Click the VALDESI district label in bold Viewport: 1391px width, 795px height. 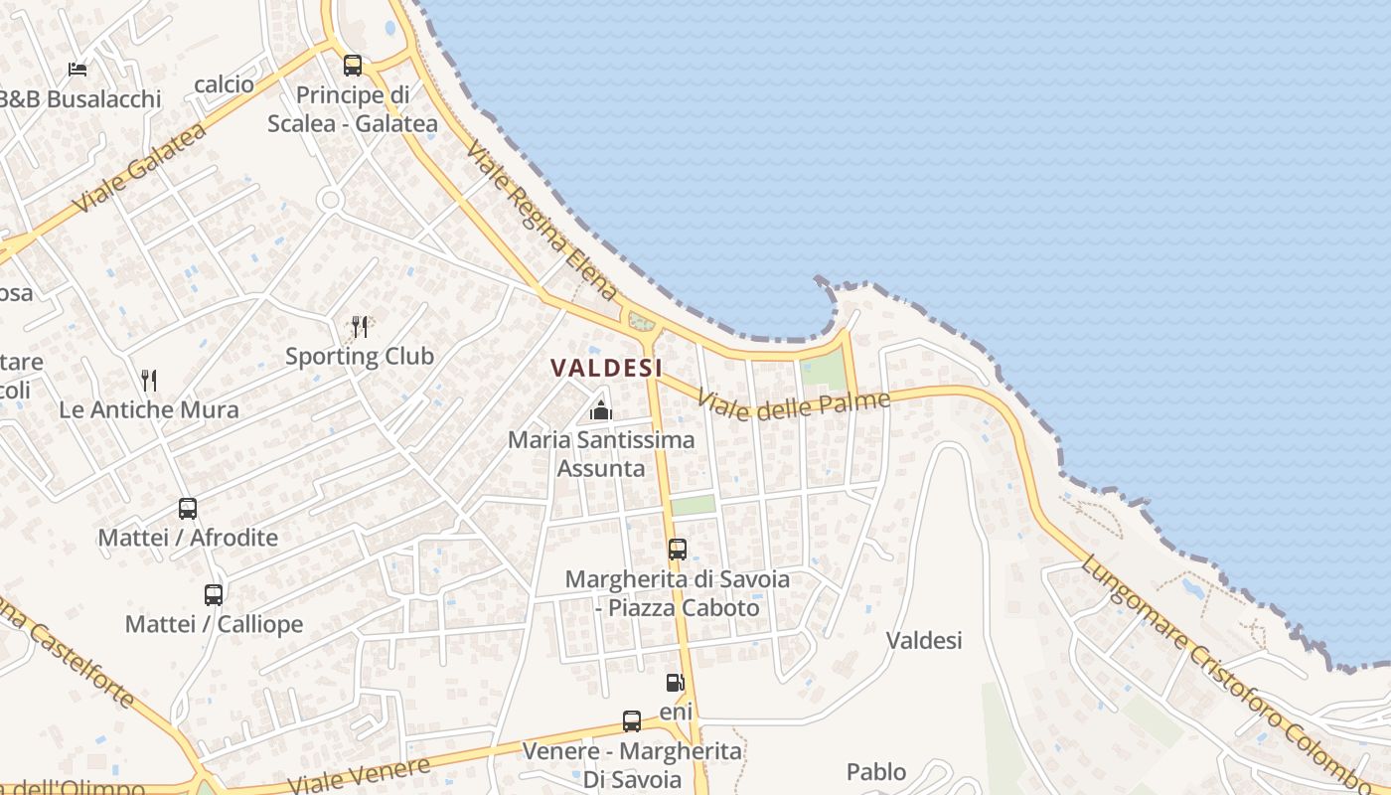click(606, 368)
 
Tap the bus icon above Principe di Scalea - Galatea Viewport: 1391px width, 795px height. click(353, 66)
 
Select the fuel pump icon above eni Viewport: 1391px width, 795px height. click(675, 683)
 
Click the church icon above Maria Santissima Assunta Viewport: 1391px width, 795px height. click(600, 409)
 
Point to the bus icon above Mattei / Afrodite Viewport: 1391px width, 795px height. click(188, 509)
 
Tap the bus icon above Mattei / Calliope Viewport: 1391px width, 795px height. click(214, 595)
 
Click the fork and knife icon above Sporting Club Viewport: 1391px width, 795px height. click(360, 326)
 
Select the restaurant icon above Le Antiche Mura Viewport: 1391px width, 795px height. click(149, 380)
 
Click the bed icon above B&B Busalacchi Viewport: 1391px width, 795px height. click(77, 69)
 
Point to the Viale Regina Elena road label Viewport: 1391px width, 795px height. click(541, 222)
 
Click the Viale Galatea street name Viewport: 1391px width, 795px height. click(139, 168)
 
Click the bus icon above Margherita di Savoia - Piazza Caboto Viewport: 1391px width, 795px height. click(678, 550)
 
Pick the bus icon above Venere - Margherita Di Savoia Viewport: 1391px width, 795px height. click(632, 721)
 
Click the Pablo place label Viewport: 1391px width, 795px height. click(876, 772)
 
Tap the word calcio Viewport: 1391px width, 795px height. click(225, 84)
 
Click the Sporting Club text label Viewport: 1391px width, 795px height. click(360, 356)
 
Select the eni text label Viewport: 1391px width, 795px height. click(676, 713)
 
